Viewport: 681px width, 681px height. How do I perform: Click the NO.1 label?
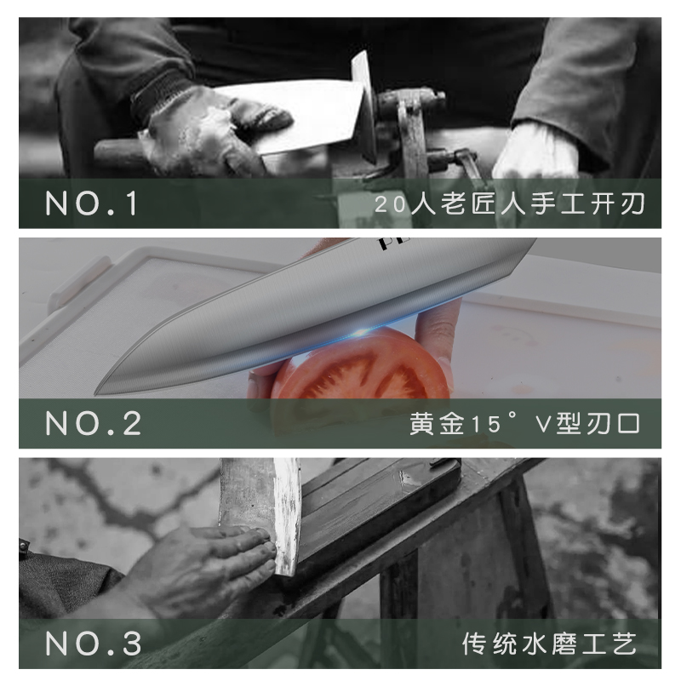click(91, 205)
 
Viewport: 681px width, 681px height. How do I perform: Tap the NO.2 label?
click(94, 424)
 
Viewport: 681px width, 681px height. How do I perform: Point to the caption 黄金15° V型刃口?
click(524, 424)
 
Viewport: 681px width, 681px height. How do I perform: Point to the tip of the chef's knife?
click(100, 392)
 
